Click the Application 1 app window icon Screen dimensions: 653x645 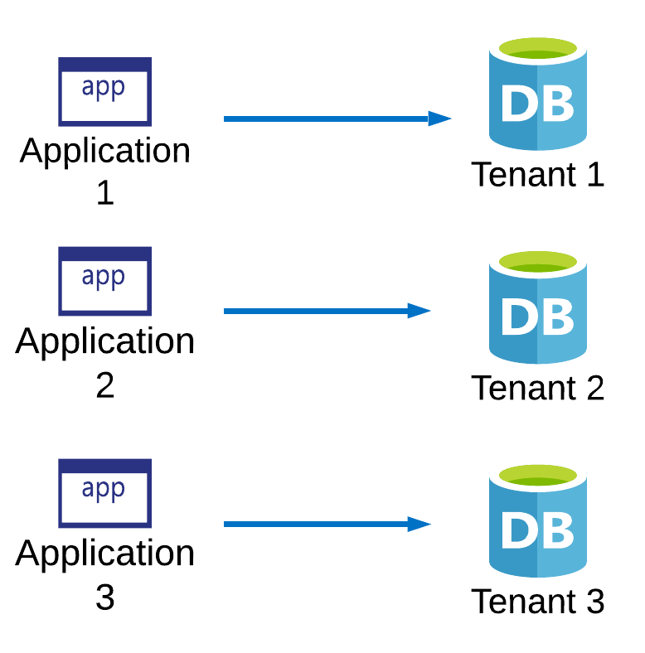click(x=104, y=91)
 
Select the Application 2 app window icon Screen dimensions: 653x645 click(x=104, y=281)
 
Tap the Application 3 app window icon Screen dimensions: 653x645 click(x=104, y=493)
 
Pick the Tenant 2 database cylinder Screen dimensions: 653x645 click(x=537, y=307)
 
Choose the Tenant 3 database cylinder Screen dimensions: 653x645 click(x=537, y=522)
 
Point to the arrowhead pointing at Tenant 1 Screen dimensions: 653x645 click(x=439, y=119)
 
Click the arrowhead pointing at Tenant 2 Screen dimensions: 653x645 click(x=419, y=311)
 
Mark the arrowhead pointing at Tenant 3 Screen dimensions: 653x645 click(x=419, y=524)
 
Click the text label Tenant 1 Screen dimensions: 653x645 click(x=537, y=175)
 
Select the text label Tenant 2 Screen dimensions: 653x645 click(x=537, y=388)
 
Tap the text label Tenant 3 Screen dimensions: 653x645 click(x=537, y=602)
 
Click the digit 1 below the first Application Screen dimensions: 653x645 click(x=105, y=194)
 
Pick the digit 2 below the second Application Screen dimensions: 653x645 click(x=105, y=385)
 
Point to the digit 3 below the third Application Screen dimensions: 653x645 click(x=105, y=597)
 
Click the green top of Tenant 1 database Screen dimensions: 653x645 click(x=537, y=49)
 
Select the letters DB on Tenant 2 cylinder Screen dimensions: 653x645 click(x=537, y=316)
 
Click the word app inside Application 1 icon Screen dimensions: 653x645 click(x=104, y=87)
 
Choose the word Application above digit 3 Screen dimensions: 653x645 click(x=105, y=554)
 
